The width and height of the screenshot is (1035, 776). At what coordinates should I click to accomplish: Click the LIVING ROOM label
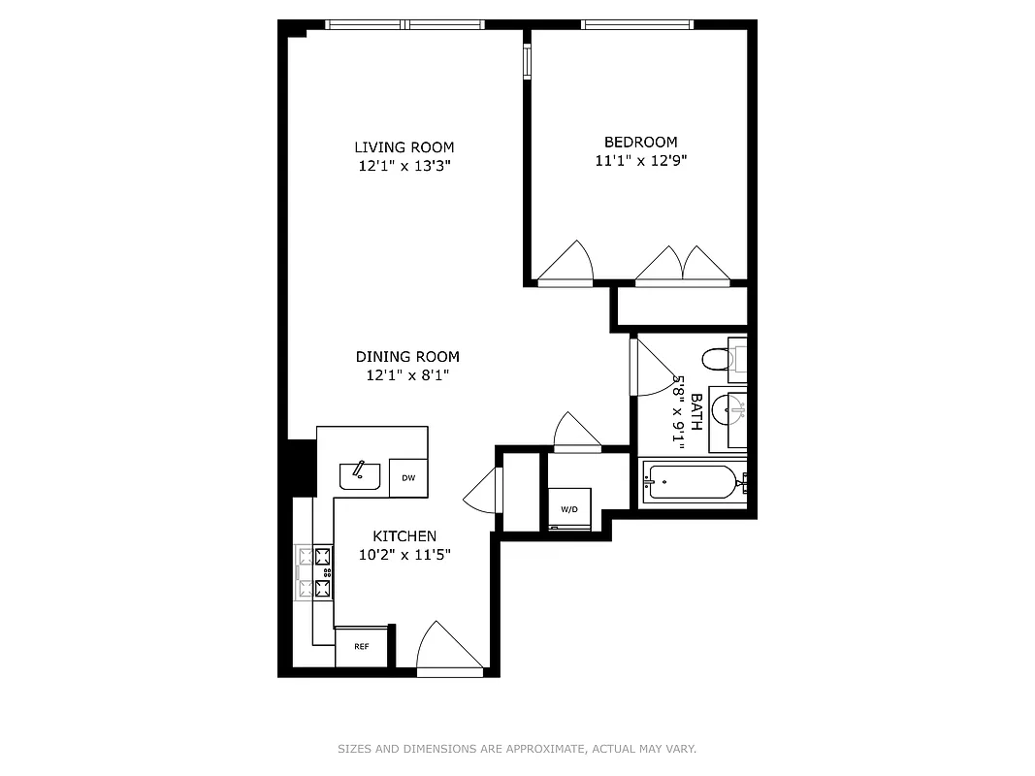pyautogui.click(x=404, y=147)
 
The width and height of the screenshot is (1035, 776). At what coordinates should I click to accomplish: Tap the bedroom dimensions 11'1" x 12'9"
pyautogui.click(x=640, y=161)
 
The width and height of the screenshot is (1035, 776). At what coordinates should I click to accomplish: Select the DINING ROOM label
pyautogui.click(x=406, y=357)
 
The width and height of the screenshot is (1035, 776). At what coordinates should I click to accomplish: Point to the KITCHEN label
pyautogui.click(x=404, y=536)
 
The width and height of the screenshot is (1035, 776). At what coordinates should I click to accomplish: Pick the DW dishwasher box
pyautogui.click(x=408, y=477)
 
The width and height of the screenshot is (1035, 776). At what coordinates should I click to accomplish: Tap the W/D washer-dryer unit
pyautogui.click(x=568, y=509)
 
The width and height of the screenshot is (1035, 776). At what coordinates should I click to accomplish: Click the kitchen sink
pyautogui.click(x=359, y=475)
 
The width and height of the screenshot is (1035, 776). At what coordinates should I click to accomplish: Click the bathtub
pyautogui.click(x=693, y=482)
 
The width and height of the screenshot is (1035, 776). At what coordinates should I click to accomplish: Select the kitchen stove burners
pyautogui.click(x=314, y=571)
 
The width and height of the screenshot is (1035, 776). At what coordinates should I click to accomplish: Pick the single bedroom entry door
pyautogui.click(x=566, y=264)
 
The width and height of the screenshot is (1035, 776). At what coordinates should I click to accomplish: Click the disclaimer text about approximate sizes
pyautogui.click(x=517, y=749)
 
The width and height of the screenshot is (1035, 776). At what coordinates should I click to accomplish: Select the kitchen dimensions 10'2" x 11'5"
pyautogui.click(x=404, y=556)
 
